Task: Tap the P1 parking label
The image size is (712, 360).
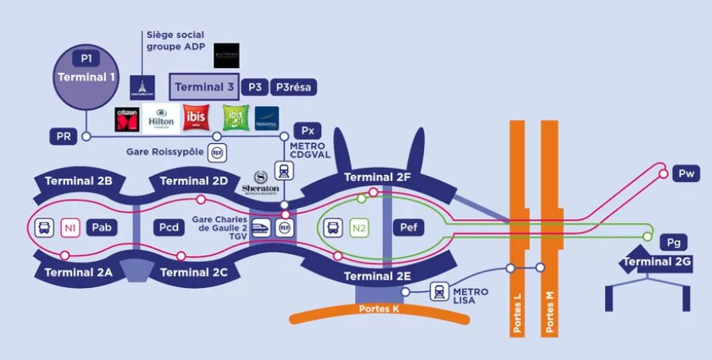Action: [86, 58]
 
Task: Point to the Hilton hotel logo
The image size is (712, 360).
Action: [161, 118]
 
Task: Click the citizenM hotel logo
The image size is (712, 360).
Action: [127, 118]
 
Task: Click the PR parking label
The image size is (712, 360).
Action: [64, 137]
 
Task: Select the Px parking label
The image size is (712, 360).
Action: [307, 130]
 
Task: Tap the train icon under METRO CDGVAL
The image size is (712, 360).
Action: [286, 170]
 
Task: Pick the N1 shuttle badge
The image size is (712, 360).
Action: [70, 228]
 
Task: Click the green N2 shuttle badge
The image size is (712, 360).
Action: [358, 228]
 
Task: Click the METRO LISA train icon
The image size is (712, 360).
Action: [440, 292]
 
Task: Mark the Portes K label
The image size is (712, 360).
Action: [379, 309]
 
